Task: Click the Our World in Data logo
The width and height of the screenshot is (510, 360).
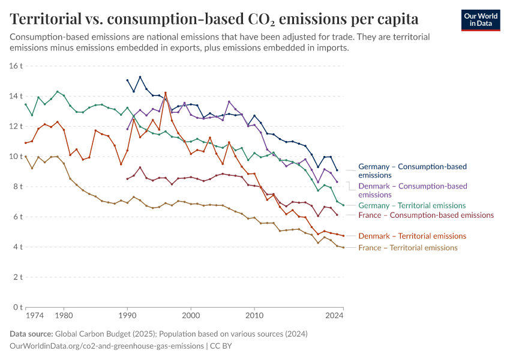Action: [x=480, y=20]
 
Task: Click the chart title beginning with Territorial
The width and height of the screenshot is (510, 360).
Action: [x=214, y=19]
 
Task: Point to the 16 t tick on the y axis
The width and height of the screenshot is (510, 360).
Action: [x=16, y=66]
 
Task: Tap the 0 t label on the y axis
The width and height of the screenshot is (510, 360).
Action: [x=18, y=307]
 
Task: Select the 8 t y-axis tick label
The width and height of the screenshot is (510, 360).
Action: [x=18, y=187]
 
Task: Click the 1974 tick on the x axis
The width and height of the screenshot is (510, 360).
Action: [x=35, y=314]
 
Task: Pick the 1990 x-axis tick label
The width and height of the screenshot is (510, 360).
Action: [x=127, y=314]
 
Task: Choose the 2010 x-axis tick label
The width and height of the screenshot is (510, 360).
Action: [x=254, y=314]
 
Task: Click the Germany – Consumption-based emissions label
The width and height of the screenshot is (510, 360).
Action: [x=412, y=170]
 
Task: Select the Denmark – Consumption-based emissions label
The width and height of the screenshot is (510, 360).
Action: [x=412, y=190]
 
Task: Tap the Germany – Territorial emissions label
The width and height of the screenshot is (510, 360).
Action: [x=412, y=205]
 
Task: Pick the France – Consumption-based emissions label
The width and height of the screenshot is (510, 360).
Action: [x=425, y=215]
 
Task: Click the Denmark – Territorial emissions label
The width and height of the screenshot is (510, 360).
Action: [x=412, y=236]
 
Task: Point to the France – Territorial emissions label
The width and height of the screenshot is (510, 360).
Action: [x=407, y=248]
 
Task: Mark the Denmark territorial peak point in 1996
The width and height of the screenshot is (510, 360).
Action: [x=166, y=93]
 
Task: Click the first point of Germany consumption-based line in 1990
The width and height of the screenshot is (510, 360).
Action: [x=127, y=80]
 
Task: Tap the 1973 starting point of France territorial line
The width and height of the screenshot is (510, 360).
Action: [x=26, y=157]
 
